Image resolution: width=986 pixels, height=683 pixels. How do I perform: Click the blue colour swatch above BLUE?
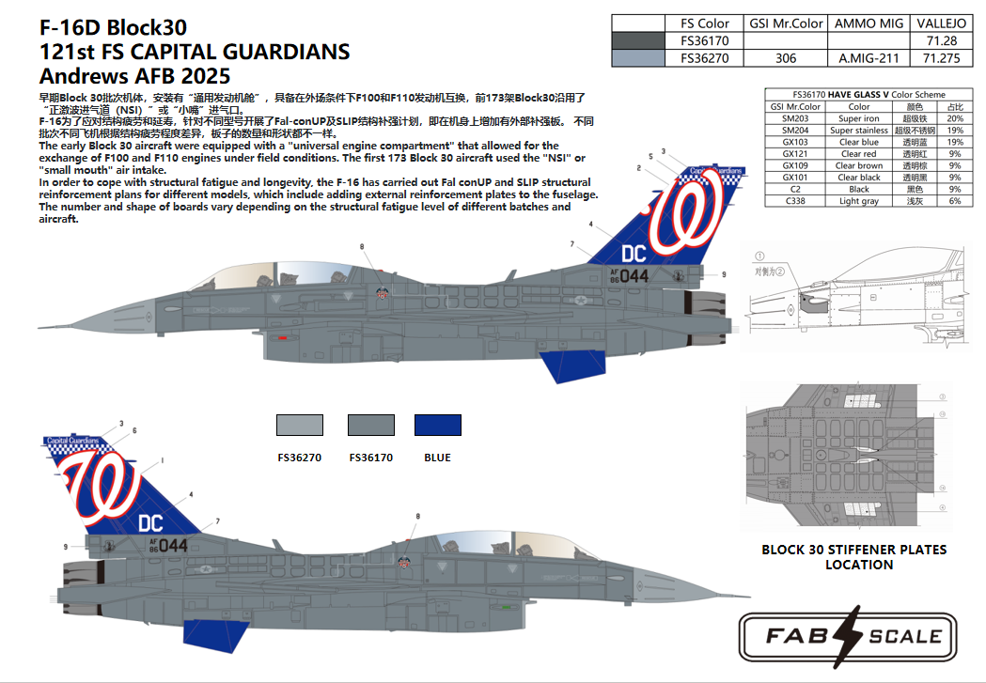(x=437, y=425)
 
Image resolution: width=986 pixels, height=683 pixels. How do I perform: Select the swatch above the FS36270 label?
(x=300, y=425)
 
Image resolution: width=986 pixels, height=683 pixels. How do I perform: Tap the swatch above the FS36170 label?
(x=369, y=425)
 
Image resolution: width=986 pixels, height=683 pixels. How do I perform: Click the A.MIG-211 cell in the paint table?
(x=869, y=58)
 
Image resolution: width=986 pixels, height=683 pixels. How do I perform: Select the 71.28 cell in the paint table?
(x=940, y=40)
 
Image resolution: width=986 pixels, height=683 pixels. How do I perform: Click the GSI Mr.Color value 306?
(x=786, y=58)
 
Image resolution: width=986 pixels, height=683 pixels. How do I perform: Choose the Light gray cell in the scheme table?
(x=859, y=201)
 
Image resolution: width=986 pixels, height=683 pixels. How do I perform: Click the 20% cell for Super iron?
(x=955, y=118)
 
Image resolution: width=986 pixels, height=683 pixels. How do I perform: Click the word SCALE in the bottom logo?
(x=904, y=636)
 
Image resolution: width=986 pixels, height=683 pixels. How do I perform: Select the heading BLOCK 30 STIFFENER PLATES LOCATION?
(x=853, y=556)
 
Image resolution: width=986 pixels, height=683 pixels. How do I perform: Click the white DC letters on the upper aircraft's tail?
(x=634, y=253)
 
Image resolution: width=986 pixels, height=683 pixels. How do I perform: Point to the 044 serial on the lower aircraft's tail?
(x=173, y=545)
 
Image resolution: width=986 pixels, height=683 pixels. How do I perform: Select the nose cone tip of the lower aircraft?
(x=747, y=594)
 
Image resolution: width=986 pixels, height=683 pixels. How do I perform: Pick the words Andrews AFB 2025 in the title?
(x=134, y=76)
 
